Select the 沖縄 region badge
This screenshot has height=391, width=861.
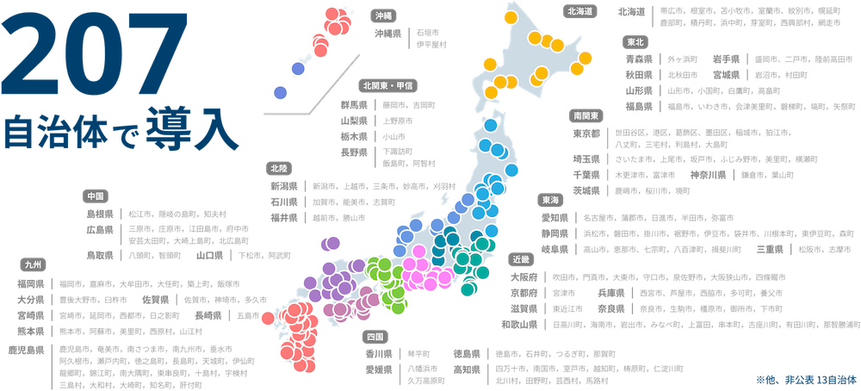pos(383,15)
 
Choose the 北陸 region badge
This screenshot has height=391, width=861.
pos(279,167)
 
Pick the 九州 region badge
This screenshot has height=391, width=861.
pos(32,264)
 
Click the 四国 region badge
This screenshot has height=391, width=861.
pos(377,335)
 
